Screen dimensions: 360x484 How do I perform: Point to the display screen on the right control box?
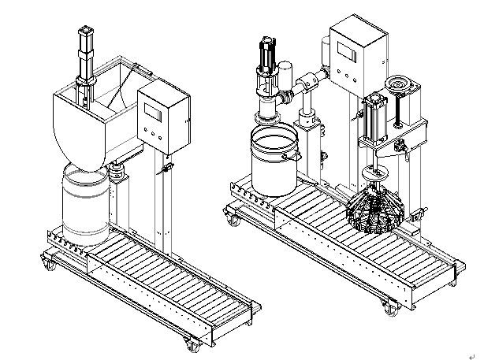pos(346,51)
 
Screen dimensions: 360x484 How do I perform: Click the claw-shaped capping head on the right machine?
pos(376,209)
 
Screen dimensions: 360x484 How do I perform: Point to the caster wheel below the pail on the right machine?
pos(234,220)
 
